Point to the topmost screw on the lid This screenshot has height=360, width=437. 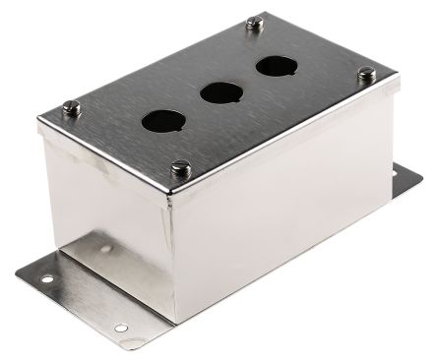(256, 22)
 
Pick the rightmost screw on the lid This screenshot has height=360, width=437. (366, 73)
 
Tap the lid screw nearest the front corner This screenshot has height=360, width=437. (178, 168)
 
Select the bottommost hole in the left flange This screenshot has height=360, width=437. (120, 329)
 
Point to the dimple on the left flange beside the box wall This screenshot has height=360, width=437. (105, 249)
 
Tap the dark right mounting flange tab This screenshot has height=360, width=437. (404, 182)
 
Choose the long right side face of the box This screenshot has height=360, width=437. (285, 197)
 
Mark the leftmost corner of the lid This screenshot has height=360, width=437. (38, 122)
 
